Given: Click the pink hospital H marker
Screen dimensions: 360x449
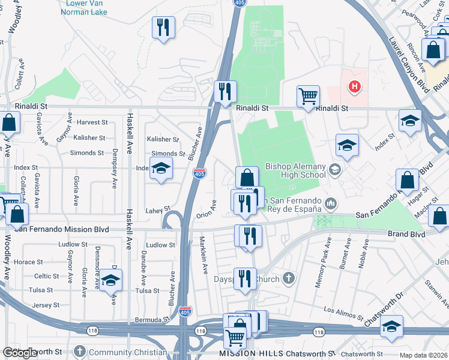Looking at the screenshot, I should click(355, 87).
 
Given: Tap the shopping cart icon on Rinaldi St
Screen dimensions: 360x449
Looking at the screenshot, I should click(308, 95).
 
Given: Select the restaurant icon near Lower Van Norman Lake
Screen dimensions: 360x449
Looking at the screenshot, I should click(163, 27).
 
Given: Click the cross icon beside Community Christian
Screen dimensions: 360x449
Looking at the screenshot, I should click(80, 352).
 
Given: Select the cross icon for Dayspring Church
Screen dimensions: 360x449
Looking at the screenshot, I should click(289, 278).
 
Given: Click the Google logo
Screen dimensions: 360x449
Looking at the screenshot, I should click(20, 353).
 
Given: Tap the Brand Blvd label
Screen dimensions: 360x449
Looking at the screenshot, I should click(407, 233).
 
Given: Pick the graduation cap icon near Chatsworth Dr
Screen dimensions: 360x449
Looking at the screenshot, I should click(391, 326).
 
